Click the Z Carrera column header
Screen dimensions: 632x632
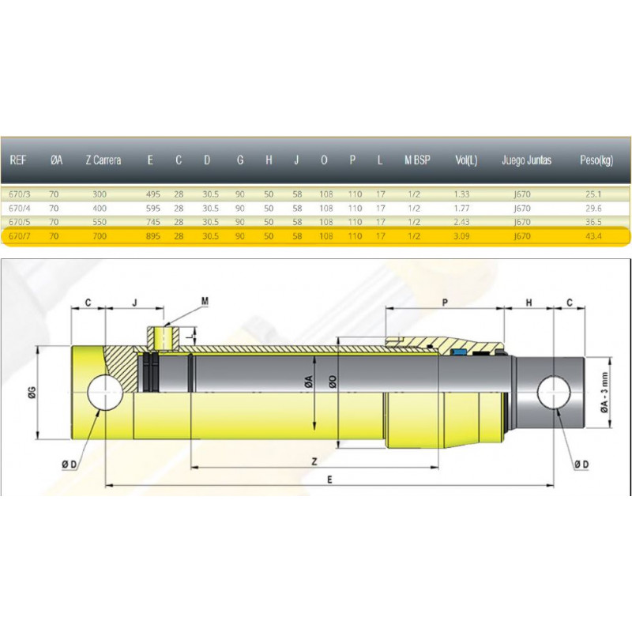103,160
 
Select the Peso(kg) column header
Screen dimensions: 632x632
596,160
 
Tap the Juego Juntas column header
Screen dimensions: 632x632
526,160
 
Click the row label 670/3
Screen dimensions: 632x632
19,194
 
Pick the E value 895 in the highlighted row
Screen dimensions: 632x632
153,236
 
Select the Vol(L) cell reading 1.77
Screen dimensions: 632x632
461,209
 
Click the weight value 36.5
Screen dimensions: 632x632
593,222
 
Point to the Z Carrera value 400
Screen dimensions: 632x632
100,209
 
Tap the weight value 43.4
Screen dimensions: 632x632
593,236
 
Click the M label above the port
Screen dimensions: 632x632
205,301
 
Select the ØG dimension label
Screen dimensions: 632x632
32,392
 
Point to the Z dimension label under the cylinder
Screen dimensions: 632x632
314,461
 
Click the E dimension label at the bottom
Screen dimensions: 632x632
329,480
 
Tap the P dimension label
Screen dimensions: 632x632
445,303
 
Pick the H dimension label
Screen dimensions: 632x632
529,303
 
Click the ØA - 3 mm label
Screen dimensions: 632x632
604,392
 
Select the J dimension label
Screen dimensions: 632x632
135,303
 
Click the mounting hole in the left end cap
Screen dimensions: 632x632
105,392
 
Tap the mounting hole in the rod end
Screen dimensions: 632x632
554,392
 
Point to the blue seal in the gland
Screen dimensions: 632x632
458,352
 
